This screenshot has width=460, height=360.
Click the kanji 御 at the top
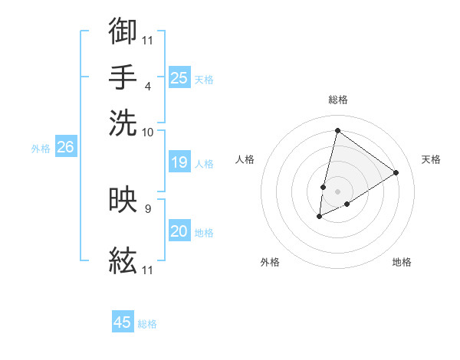[x=123, y=31]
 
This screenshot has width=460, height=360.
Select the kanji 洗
[x=123, y=122]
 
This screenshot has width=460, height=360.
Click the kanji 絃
[x=123, y=261]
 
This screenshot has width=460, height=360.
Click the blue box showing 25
[x=179, y=77]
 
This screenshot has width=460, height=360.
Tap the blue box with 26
[x=65, y=148]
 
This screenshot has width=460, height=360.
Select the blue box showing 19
[x=179, y=162]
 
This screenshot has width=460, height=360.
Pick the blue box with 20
[x=179, y=231]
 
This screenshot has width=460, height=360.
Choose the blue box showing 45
[x=123, y=322]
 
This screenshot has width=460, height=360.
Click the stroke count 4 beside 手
[x=147, y=86]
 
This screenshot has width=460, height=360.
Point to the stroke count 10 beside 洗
[x=148, y=132]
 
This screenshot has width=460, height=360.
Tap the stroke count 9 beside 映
[x=147, y=207]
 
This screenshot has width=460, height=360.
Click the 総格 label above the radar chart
[x=337, y=100]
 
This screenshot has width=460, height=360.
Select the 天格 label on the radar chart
[x=431, y=159]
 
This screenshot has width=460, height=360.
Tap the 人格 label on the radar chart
[x=245, y=159]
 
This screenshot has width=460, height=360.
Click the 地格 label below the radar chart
[x=402, y=262]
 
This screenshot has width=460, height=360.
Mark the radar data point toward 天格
[x=396, y=172]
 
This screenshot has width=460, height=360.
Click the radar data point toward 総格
[x=337, y=130]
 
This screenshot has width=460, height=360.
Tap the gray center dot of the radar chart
[x=337, y=191]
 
